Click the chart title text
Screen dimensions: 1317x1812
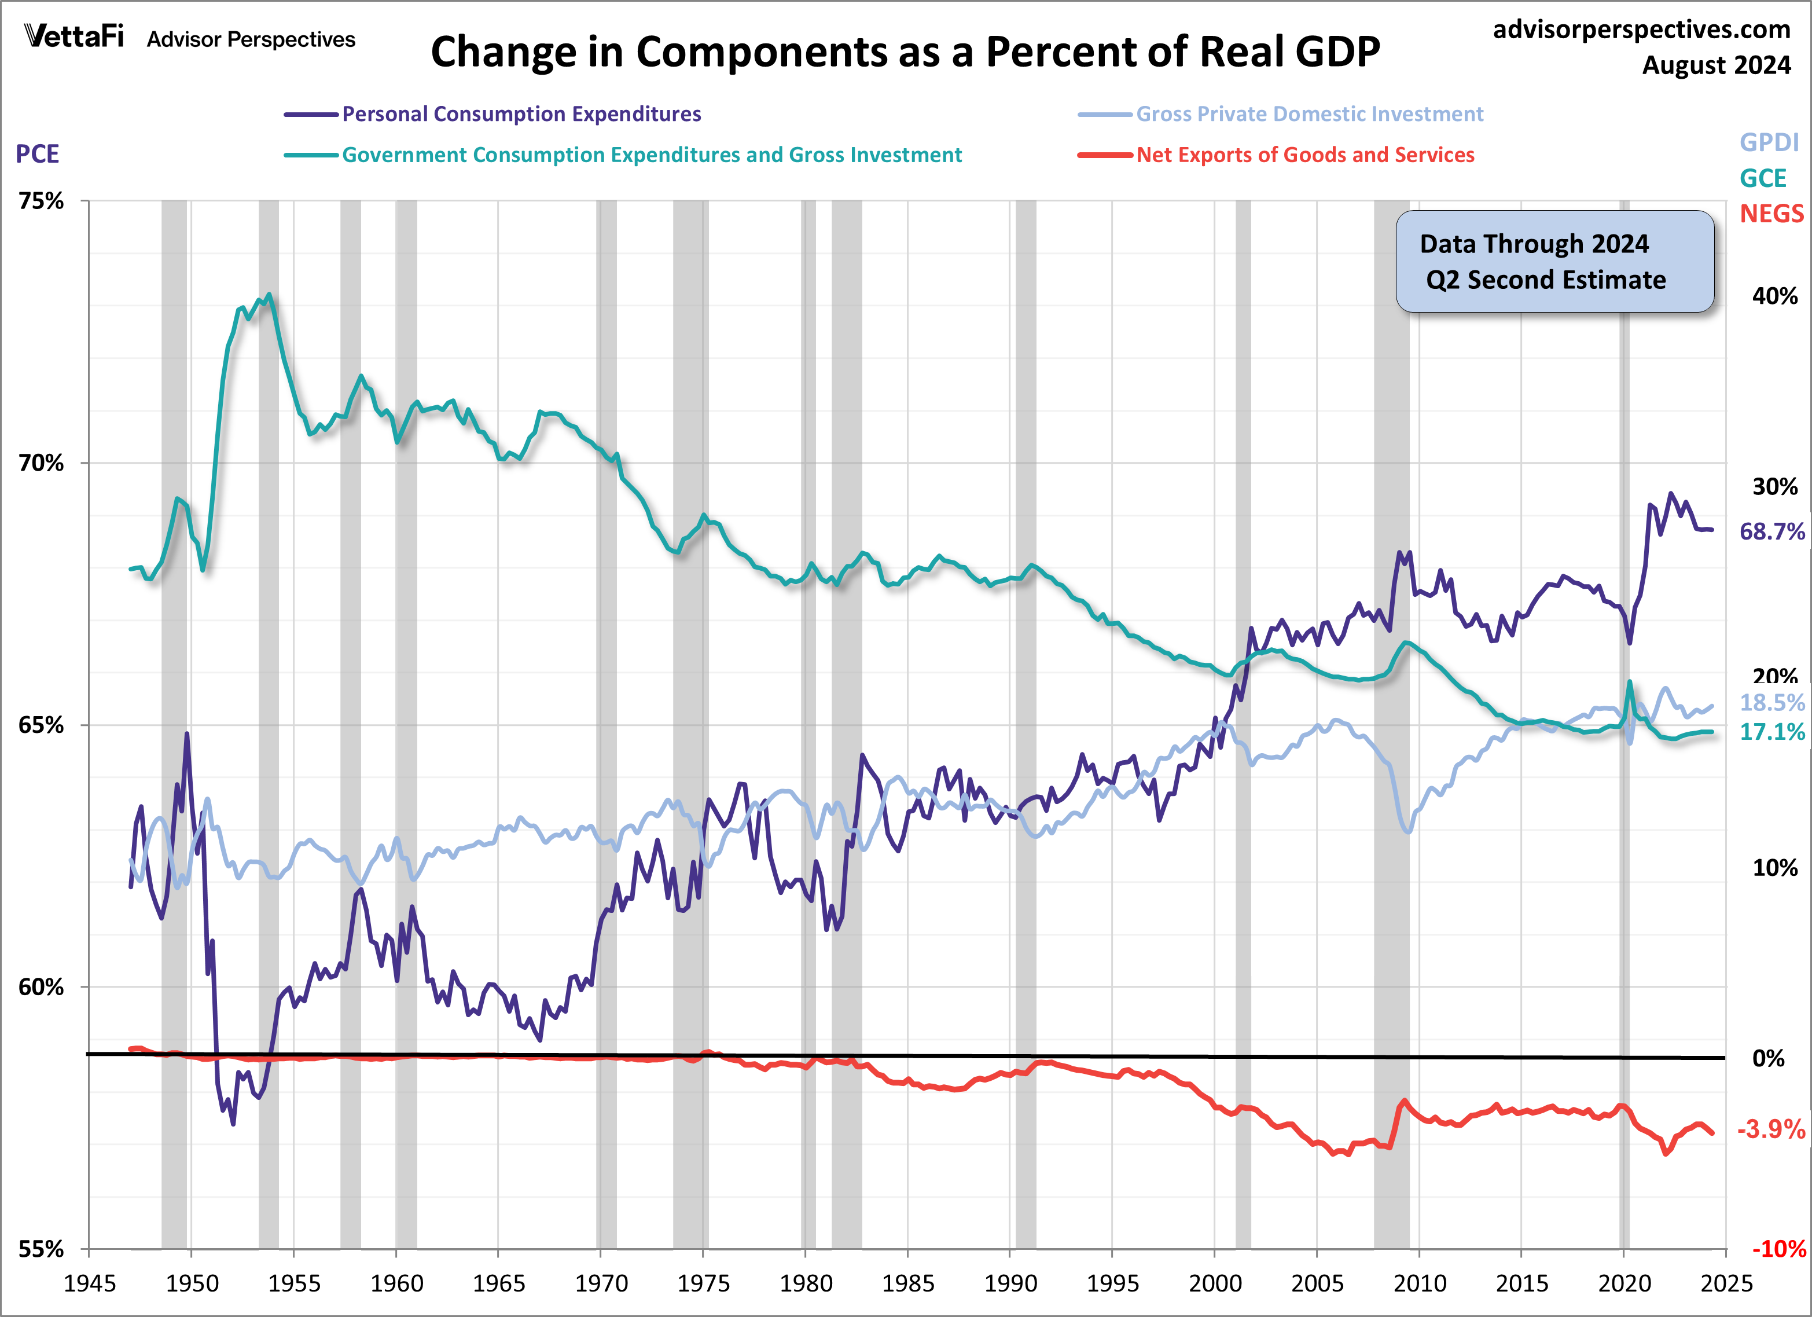(x=905, y=52)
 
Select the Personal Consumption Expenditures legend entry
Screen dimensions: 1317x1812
(x=521, y=114)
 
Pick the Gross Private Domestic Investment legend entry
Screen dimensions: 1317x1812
(x=1309, y=114)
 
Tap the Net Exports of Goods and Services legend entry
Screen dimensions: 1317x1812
(x=1304, y=155)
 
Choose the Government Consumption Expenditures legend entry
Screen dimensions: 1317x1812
(x=651, y=155)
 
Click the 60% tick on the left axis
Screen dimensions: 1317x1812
(x=42, y=987)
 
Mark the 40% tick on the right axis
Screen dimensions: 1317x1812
(x=1774, y=296)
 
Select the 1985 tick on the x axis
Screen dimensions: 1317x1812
(x=907, y=1284)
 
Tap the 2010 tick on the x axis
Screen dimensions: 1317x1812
(x=1420, y=1284)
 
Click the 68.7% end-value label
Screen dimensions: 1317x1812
(x=1772, y=531)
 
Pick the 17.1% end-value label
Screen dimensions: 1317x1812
(x=1772, y=732)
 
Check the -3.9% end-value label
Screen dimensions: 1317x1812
(x=1770, y=1129)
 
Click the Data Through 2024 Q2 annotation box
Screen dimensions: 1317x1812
(x=1554, y=261)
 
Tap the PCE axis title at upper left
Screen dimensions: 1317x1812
(x=38, y=153)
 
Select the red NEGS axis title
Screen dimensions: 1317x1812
(x=1771, y=214)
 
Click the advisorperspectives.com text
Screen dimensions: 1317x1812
(x=1641, y=30)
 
